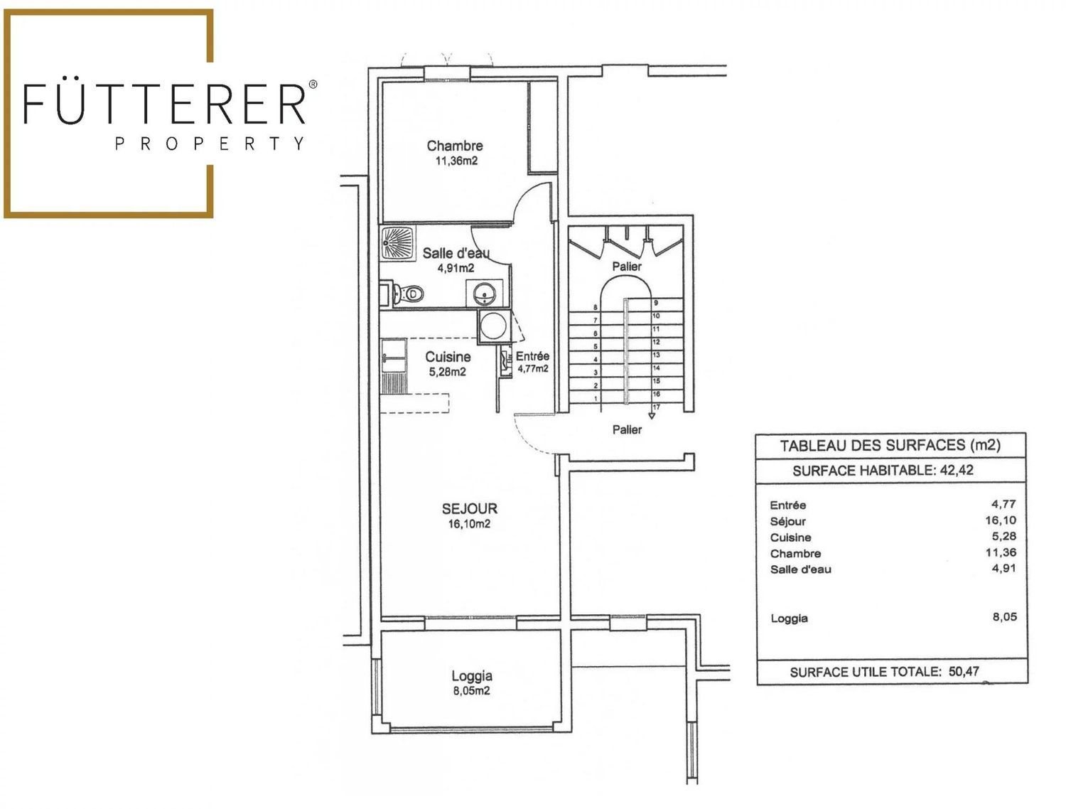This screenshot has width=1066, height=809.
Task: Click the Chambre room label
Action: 455,146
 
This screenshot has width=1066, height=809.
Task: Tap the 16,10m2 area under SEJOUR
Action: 468,524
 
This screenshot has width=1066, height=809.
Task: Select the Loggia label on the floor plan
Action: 472,675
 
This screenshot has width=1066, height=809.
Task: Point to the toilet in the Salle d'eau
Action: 407,294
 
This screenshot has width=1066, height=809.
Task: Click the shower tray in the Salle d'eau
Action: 398,242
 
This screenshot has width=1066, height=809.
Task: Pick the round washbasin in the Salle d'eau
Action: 484,292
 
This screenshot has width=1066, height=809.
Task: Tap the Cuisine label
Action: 448,357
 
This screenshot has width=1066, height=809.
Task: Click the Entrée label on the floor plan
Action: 532,356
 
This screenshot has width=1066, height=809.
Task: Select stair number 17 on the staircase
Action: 657,407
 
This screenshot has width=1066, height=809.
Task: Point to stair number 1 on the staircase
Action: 596,399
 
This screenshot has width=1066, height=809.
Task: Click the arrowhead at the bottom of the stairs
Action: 652,416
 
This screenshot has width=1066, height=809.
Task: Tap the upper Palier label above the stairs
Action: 627,266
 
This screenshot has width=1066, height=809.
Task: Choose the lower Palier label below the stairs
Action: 627,429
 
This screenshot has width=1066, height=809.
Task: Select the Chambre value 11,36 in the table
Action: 1001,552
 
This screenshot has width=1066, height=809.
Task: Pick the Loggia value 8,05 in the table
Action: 1004,617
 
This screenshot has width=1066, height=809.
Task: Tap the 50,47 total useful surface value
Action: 964,671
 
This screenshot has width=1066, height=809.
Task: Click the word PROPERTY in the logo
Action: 210,144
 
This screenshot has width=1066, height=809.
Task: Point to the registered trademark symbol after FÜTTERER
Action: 313,85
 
